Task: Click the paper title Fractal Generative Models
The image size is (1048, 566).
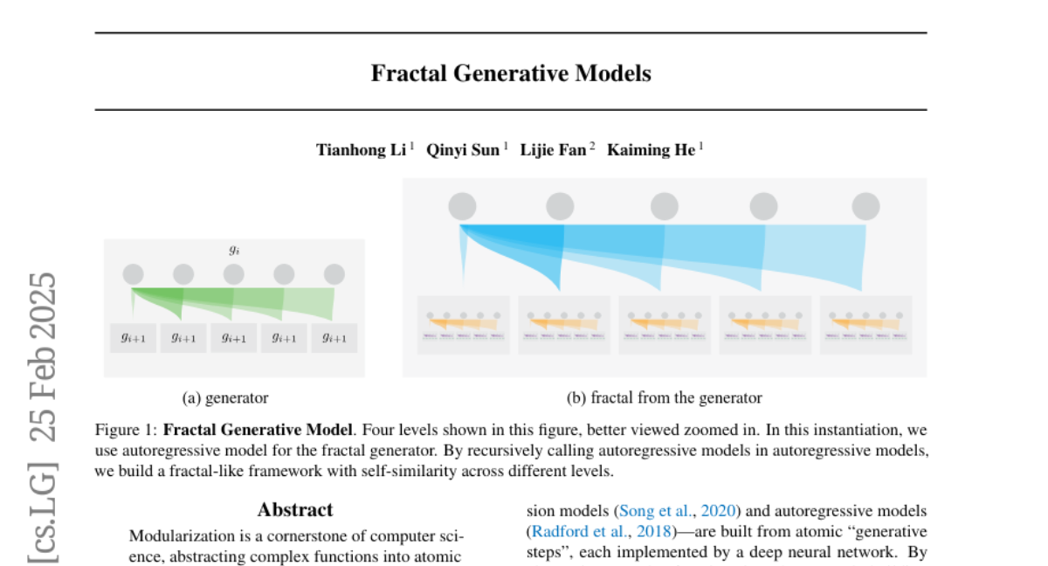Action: click(x=511, y=73)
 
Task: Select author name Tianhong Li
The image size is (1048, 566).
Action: click(x=361, y=150)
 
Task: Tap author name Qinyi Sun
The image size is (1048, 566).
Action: click(x=462, y=150)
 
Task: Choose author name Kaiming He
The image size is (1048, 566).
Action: click(x=651, y=150)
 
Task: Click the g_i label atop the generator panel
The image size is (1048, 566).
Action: click(x=234, y=250)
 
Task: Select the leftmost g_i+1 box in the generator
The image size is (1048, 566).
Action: click(x=133, y=338)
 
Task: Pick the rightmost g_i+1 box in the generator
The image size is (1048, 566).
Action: click(x=334, y=338)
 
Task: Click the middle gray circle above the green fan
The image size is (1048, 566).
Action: click(x=234, y=274)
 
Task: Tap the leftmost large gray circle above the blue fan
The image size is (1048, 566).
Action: click(x=462, y=207)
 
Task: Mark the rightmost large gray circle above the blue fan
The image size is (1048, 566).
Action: click(x=865, y=207)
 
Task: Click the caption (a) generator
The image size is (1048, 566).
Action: click(x=225, y=398)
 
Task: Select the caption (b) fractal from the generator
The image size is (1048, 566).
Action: click(x=664, y=398)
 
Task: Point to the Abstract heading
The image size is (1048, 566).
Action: click(x=295, y=510)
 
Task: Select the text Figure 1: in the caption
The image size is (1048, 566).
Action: click(x=127, y=431)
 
